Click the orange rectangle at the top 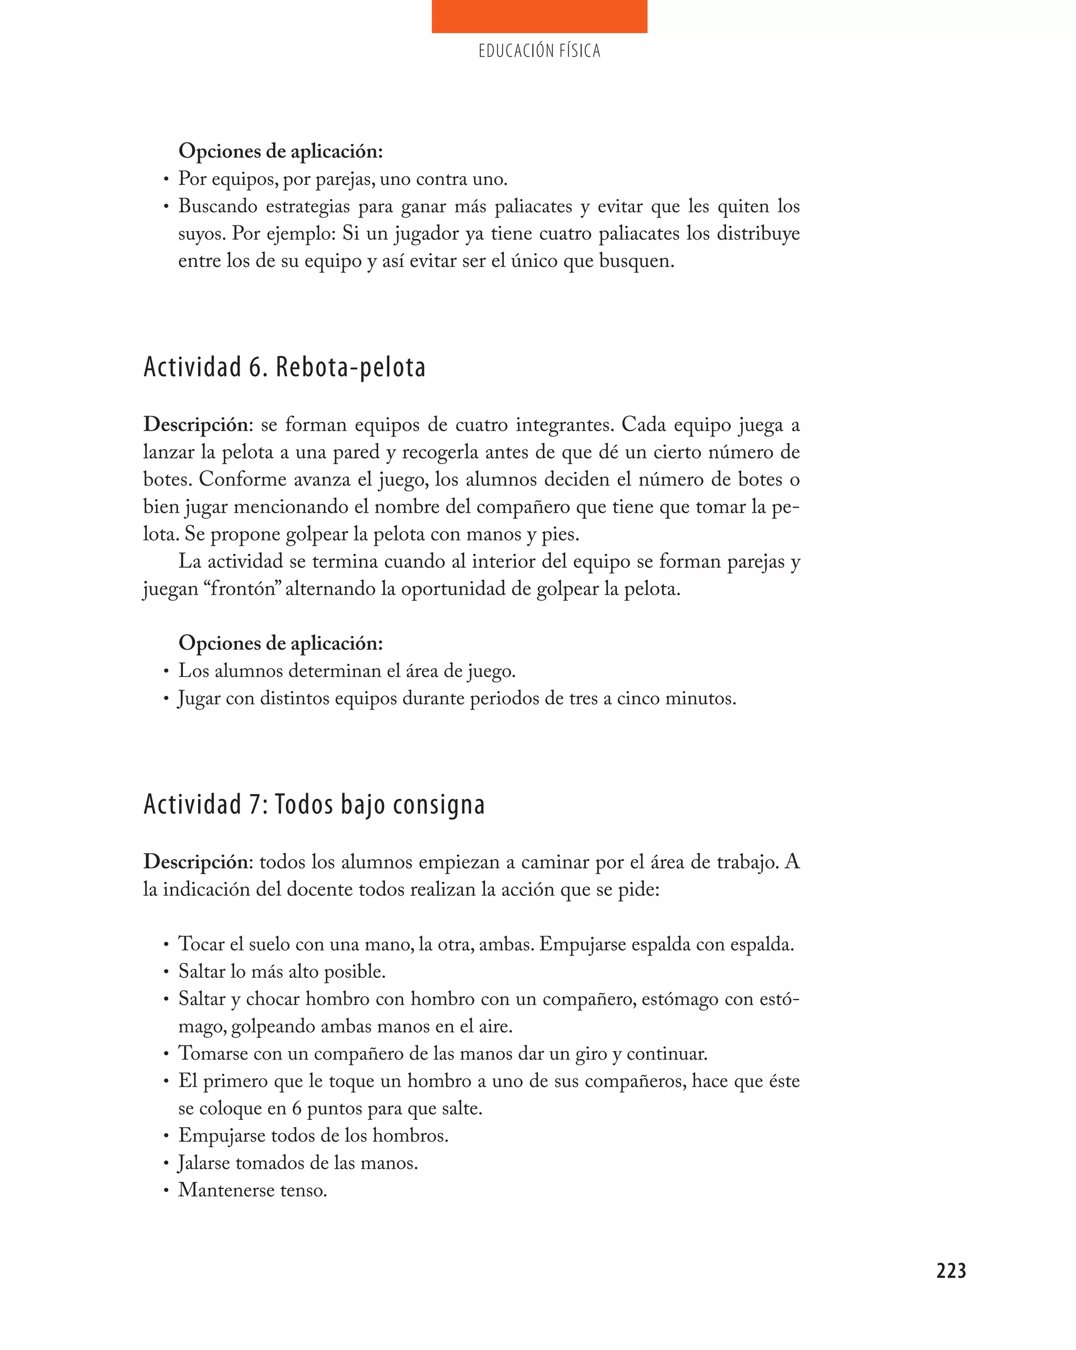click(x=539, y=16)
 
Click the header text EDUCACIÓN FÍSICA click(x=539, y=51)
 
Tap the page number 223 click(x=951, y=1271)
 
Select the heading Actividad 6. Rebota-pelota click(x=284, y=368)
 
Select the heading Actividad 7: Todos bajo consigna click(x=314, y=805)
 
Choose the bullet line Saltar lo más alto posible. click(x=282, y=971)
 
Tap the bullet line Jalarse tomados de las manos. click(x=297, y=1163)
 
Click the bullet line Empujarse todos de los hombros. click(x=313, y=1135)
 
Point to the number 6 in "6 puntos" click(x=297, y=1108)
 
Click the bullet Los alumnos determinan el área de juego click(x=346, y=671)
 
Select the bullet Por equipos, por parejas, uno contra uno click(x=343, y=179)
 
